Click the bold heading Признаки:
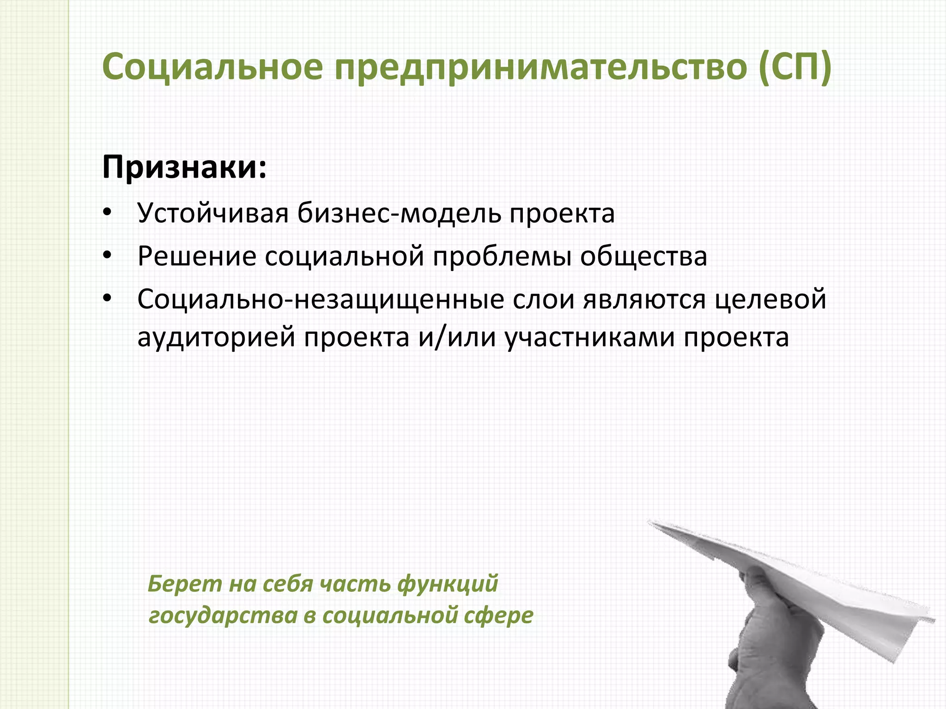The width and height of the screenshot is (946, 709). coord(184,167)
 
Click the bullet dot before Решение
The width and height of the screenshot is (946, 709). coord(108,256)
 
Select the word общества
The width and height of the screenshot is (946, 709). coord(643,256)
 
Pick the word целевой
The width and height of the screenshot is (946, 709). coord(770,299)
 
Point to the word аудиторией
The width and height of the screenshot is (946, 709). coord(216,337)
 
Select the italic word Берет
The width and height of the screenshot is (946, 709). coord(178,583)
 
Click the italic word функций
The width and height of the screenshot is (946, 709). coord(448,583)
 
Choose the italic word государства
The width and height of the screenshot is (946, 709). coord(223,615)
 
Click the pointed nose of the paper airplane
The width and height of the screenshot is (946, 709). coord(650,523)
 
